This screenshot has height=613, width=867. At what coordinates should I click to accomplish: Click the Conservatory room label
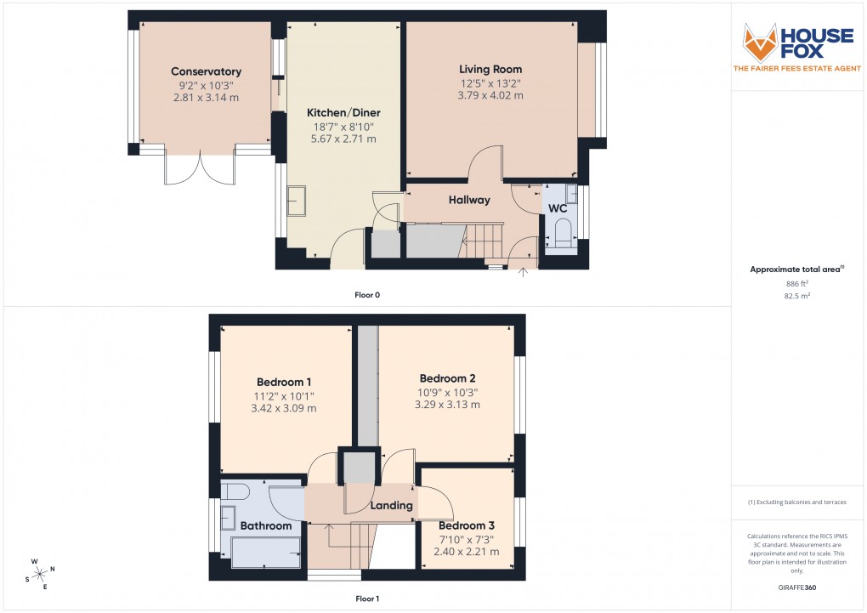(206, 71)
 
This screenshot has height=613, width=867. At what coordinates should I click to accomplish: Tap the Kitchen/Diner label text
(343, 112)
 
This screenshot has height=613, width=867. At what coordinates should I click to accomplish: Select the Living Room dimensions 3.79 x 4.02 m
(490, 96)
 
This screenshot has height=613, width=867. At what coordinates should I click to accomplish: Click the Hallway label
(469, 201)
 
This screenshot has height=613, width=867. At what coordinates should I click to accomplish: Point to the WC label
(558, 208)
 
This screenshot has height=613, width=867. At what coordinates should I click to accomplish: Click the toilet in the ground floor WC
(562, 232)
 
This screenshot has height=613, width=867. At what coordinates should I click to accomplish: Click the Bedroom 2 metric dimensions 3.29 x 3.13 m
(447, 405)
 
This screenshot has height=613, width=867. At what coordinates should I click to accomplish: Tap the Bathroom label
(265, 526)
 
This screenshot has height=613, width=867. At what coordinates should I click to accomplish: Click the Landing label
(391, 505)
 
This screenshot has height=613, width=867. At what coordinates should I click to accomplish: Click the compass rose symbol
(40, 575)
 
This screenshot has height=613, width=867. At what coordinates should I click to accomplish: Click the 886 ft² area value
(796, 284)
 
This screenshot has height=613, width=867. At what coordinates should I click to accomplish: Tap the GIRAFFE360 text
(796, 587)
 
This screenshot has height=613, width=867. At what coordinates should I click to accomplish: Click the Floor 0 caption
(367, 295)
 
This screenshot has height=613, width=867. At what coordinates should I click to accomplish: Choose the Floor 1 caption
(367, 599)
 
